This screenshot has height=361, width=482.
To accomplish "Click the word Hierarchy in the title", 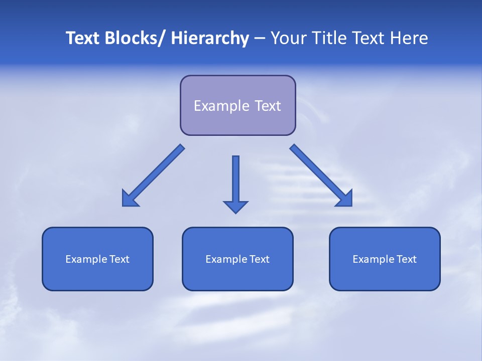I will coord(210,38).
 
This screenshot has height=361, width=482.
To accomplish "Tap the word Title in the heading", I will coord(332,38).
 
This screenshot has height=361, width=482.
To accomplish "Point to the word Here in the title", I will coord(409,38).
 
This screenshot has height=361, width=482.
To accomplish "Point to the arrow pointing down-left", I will coord(154,175).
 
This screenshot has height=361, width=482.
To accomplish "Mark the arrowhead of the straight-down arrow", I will coord(235,207).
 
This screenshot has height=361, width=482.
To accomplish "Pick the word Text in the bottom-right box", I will coord(406,259).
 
